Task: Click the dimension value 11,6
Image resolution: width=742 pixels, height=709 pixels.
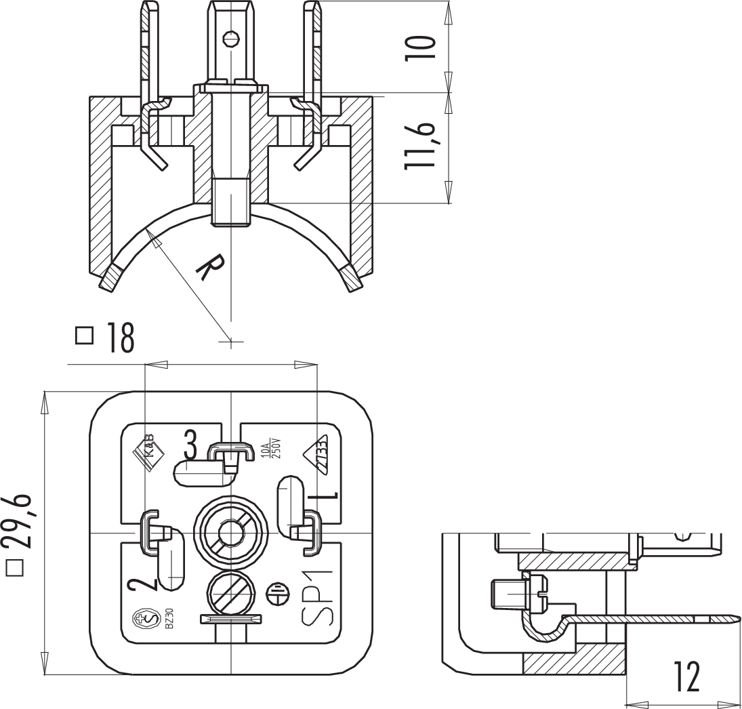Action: point(420,146)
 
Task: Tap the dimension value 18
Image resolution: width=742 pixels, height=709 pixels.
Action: point(119,338)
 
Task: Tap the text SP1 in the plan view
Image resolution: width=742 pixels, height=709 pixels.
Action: point(318,596)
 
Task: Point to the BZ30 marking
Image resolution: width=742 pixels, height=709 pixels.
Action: point(169,617)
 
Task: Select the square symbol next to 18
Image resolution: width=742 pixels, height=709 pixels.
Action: point(85,337)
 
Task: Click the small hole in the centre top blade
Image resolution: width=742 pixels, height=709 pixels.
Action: point(232,37)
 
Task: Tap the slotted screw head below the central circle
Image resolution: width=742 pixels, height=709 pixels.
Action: point(231,592)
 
